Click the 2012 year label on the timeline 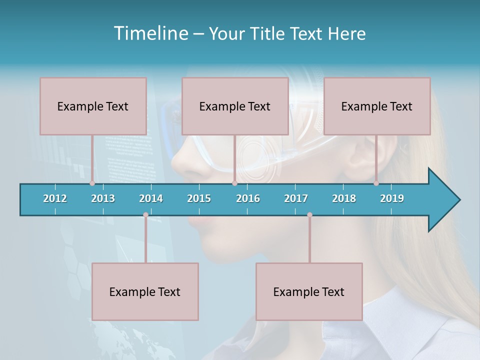pyautogui.click(x=55, y=198)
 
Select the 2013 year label pyautogui.click(x=103, y=198)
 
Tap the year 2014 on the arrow pyautogui.click(x=151, y=198)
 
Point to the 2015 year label pyautogui.click(x=199, y=198)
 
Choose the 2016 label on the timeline pyautogui.click(x=248, y=198)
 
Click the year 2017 pyautogui.click(x=296, y=198)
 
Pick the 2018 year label pyautogui.click(x=344, y=198)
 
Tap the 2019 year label pyautogui.click(x=392, y=198)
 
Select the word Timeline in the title pyautogui.click(x=150, y=33)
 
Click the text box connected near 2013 pyautogui.click(x=93, y=106)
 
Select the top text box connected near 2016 pyautogui.click(x=235, y=106)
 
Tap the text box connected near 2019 pyautogui.click(x=377, y=106)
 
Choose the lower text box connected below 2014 pyautogui.click(x=145, y=291)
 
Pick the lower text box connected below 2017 pyautogui.click(x=309, y=291)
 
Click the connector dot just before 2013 pyautogui.click(x=92, y=183)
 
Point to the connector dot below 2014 pyautogui.click(x=145, y=215)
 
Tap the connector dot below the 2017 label pyautogui.click(x=309, y=215)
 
